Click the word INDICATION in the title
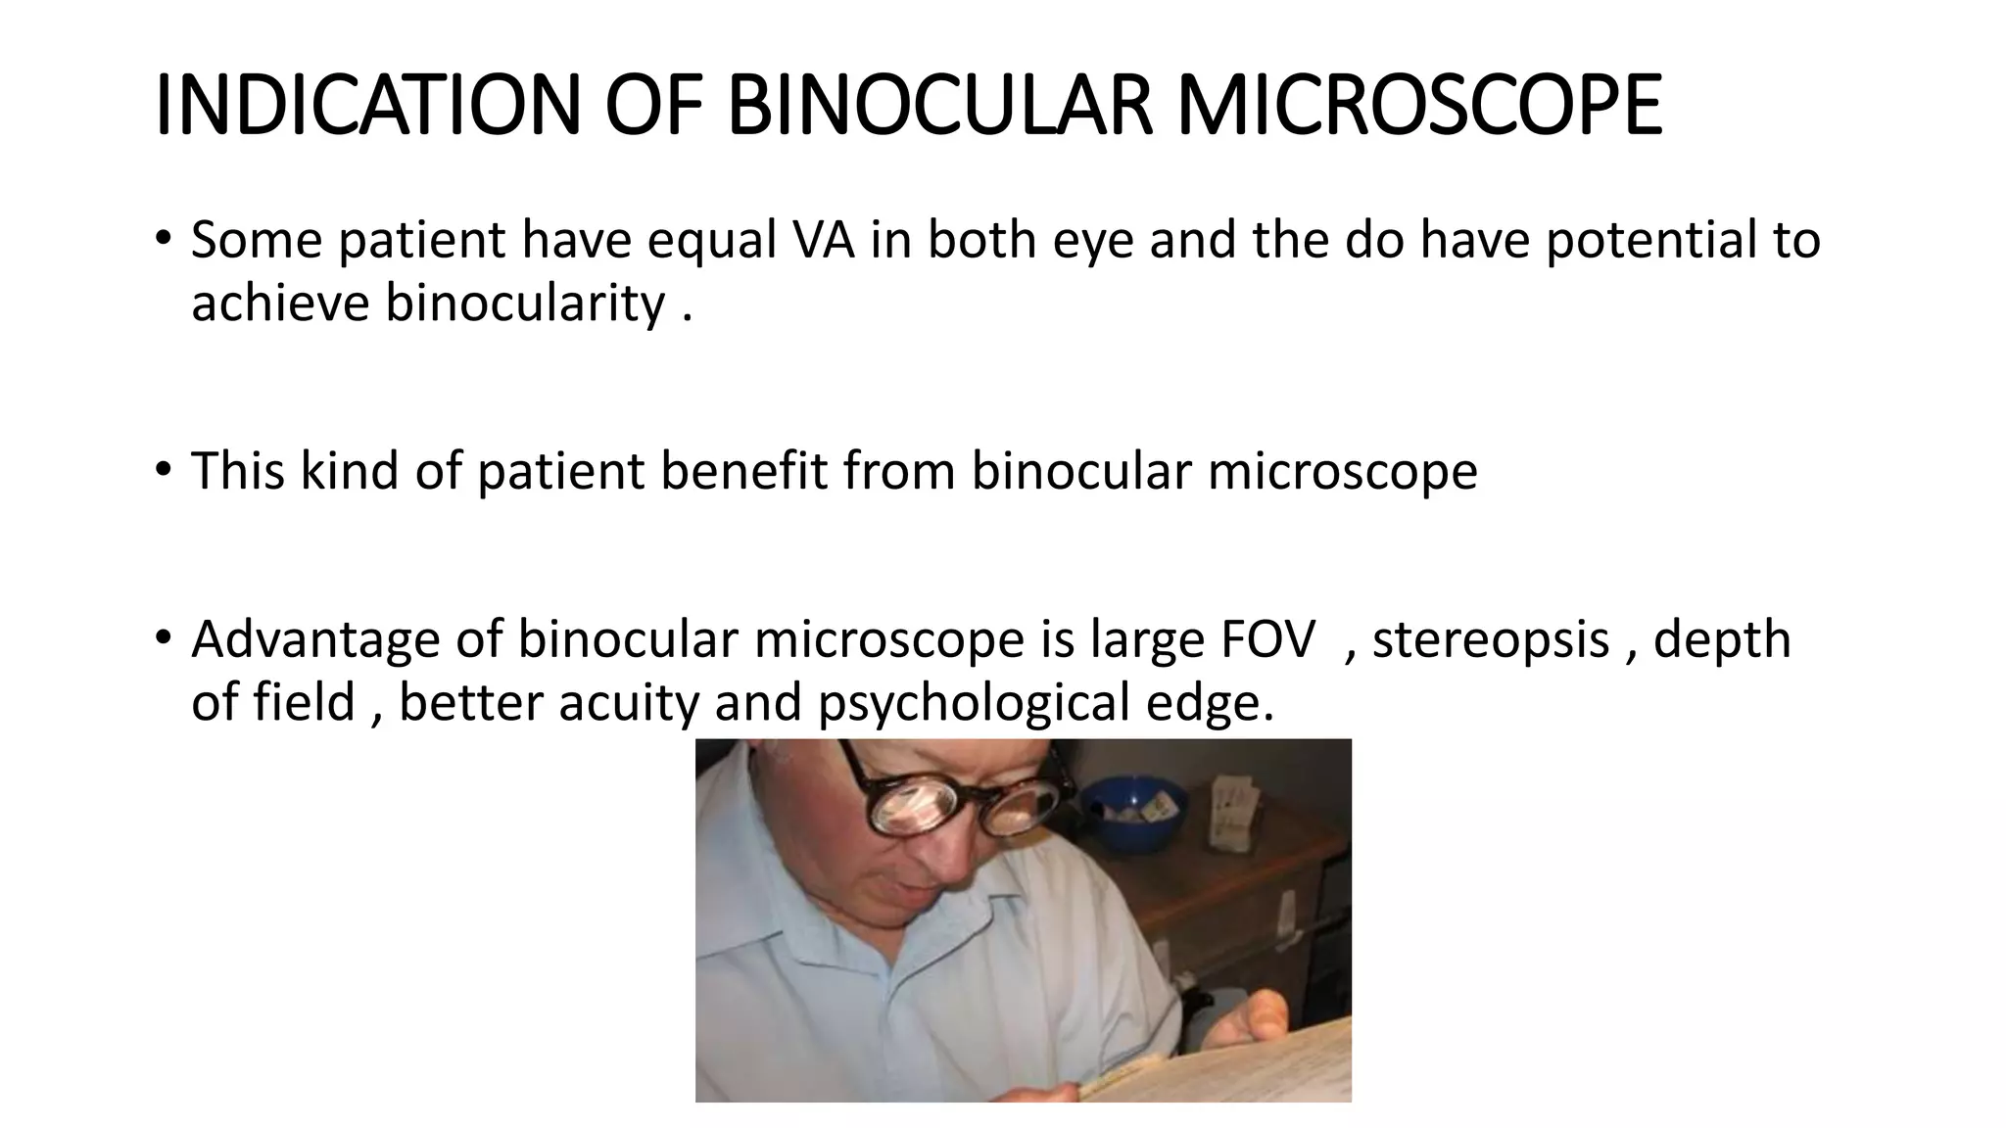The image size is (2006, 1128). point(368,105)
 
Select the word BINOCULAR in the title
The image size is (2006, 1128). point(940,105)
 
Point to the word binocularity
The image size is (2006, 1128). point(525,303)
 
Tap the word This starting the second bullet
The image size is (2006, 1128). point(238,471)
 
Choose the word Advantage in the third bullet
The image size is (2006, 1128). point(315,639)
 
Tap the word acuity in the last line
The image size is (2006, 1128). point(628,702)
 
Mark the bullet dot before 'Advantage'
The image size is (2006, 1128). point(163,637)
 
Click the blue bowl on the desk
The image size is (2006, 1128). point(1136,812)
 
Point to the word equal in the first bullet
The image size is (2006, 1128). point(711,240)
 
